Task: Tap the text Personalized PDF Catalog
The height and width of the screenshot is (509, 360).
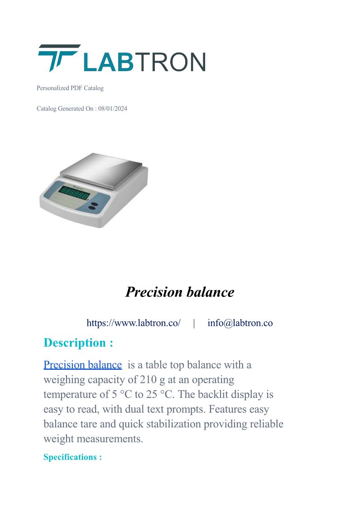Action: click(x=70, y=88)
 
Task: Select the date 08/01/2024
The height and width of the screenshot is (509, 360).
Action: click(x=113, y=109)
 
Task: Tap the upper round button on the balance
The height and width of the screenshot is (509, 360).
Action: click(x=93, y=204)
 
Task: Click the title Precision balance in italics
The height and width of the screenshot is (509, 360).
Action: click(x=180, y=292)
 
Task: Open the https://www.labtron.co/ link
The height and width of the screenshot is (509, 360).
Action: click(x=134, y=323)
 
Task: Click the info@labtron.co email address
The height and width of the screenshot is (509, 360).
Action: click(x=240, y=323)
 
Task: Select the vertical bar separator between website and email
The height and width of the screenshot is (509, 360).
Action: click(x=194, y=323)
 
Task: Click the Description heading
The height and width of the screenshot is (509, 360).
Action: click(x=78, y=343)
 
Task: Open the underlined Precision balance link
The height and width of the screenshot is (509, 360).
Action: click(x=83, y=365)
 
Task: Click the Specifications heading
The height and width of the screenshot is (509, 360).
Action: click(x=72, y=457)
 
